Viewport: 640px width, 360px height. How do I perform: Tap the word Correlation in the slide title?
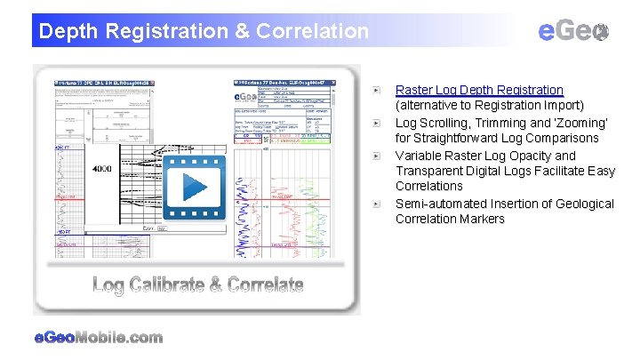click(312, 32)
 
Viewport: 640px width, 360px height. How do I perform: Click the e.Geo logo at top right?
click(573, 31)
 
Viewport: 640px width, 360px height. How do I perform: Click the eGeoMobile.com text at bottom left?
click(98, 338)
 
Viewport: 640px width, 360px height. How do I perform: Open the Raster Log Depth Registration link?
click(478, 90)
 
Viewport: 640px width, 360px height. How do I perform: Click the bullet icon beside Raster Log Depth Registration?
click(378, 91)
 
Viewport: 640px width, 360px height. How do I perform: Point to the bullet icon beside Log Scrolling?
click(378, 123)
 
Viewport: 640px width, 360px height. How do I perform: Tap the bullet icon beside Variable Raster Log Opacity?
click(378, 156)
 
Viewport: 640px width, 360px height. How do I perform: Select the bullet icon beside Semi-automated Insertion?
click(378, 204)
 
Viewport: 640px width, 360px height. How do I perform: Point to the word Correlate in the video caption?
click(266, 285)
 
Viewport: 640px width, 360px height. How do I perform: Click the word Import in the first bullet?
click(560, 106)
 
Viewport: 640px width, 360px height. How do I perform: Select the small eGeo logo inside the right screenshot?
click(243, 97)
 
